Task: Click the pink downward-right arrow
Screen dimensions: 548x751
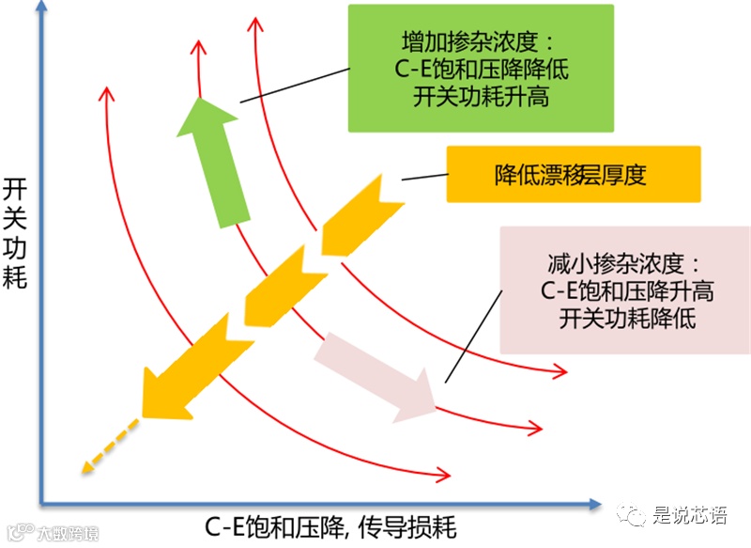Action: click(375, 377)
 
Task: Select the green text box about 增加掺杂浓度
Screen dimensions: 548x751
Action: click(480, 68)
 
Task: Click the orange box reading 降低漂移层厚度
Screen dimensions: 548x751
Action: click(572, 174)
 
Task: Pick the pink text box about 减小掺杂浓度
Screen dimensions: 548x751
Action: click(624, 290)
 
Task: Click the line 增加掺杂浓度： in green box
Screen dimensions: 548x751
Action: click(480, 42)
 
